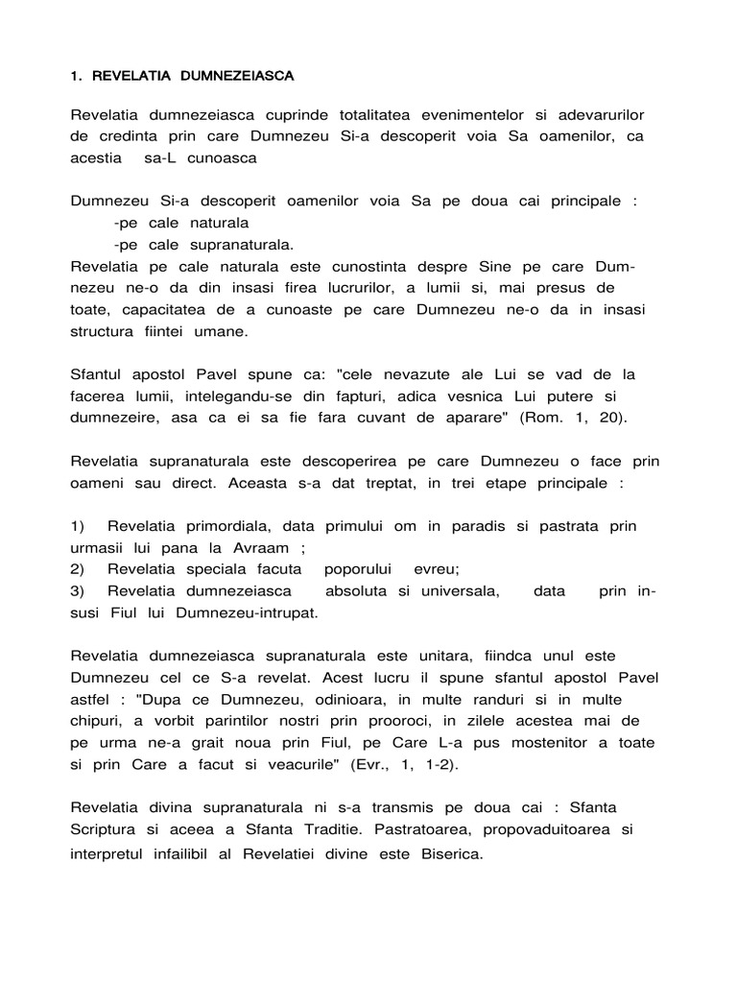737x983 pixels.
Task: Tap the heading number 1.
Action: tap(77, 75)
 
